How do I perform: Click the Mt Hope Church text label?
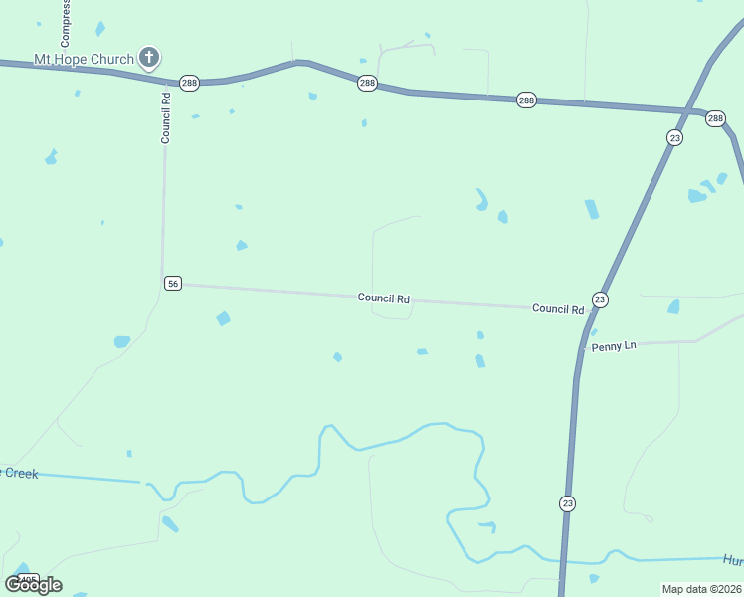84,59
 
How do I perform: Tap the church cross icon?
149,57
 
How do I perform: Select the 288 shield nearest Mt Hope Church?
189,83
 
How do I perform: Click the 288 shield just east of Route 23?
715,118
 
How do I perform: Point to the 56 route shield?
173,284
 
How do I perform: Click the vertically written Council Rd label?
166,117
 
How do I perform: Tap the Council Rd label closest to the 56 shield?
384,298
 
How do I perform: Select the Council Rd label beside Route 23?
557,309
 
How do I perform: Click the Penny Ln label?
614,346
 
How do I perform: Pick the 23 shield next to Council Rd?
599,299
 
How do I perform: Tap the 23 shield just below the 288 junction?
675,138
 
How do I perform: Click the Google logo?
33,584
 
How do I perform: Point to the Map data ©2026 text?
702,589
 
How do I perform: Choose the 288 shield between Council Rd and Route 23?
367,84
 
